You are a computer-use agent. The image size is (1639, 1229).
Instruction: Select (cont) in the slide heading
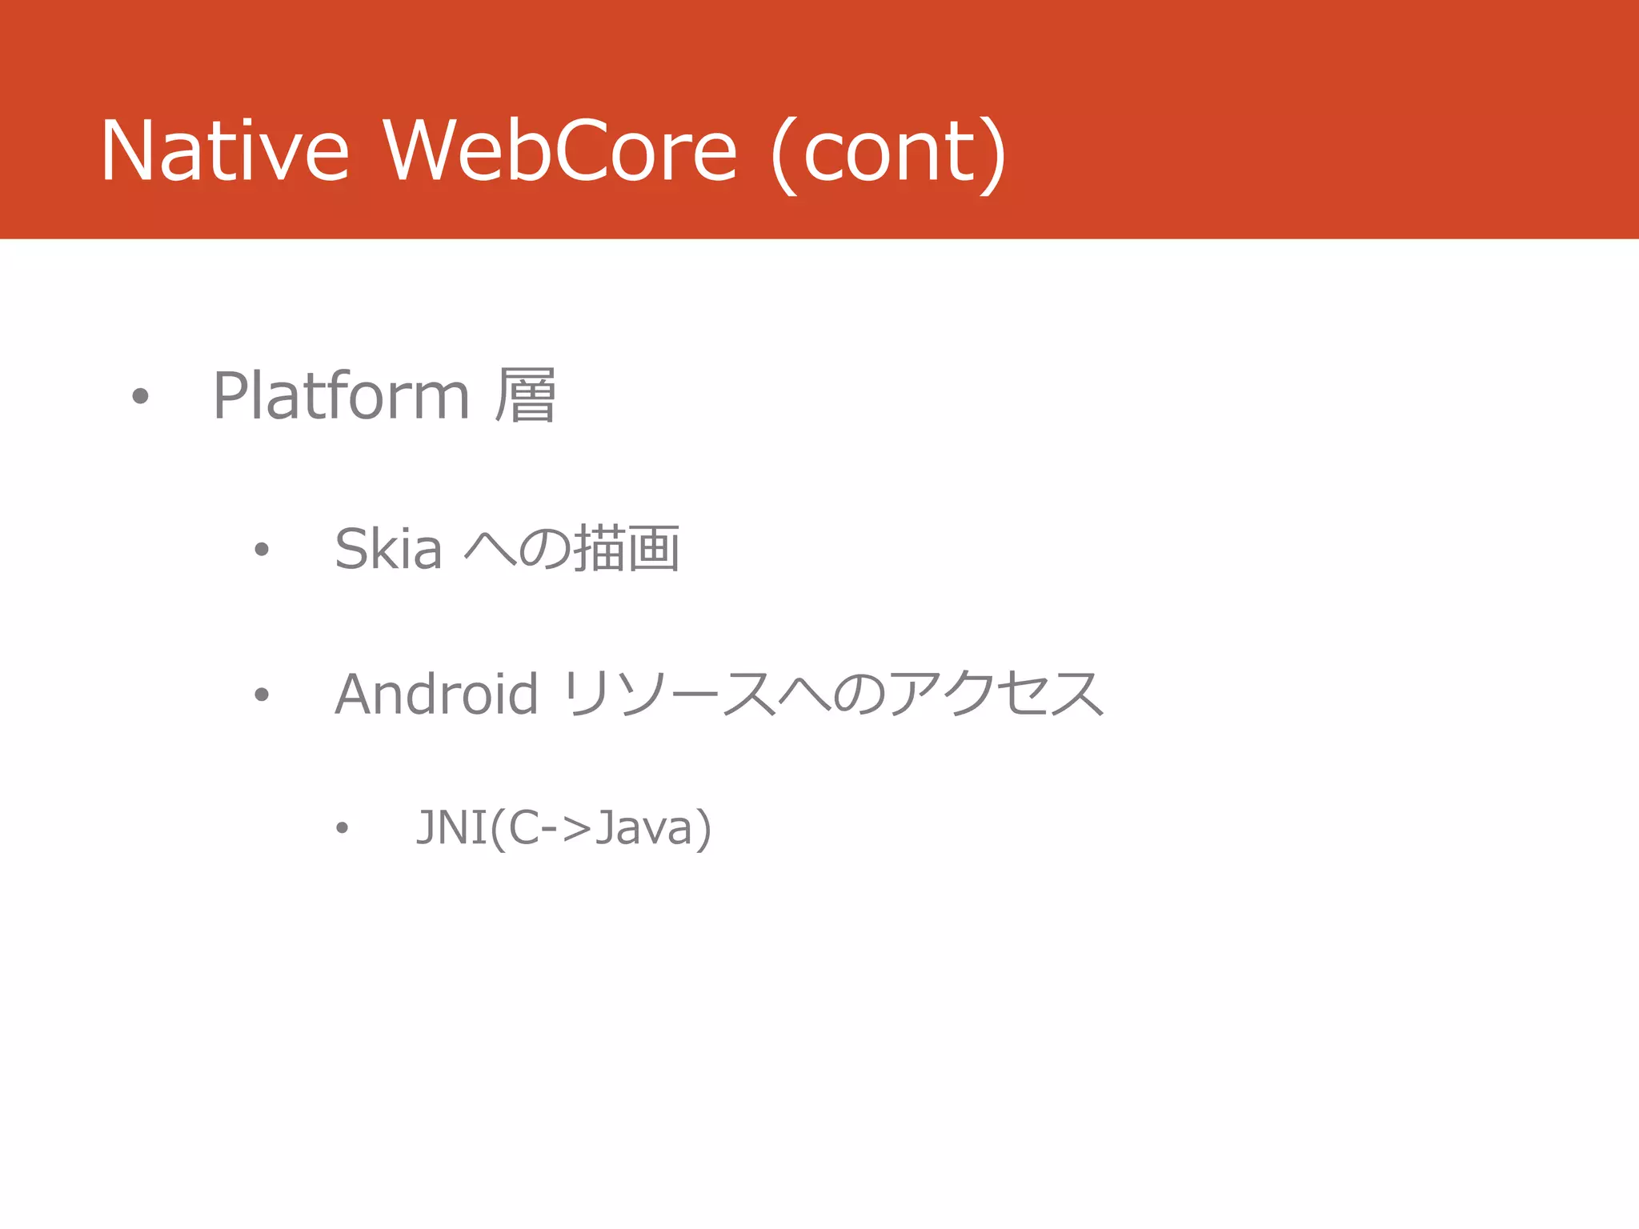pyautogui.click(x=888, y=152)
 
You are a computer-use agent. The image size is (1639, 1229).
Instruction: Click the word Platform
pyautogui.click(x=341, y=395)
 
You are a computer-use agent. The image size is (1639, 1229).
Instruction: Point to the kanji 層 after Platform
pyautogui.click(x=525, y=395)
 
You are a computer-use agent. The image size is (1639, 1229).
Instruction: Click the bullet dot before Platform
pyautogui.click(x=140, y=395)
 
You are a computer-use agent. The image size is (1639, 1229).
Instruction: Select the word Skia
pyautogui.click(x=388, y=549)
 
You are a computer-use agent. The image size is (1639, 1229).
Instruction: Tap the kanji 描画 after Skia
pyautogui.click(x=627, y=549)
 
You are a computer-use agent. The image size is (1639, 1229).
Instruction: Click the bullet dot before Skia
pyautogui.click(x=261, y=549)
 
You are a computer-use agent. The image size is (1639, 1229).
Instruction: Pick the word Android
pyautogui.click(x=436, y=694)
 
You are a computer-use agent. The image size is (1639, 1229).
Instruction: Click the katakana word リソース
pyautogui.click(x=668, y=694)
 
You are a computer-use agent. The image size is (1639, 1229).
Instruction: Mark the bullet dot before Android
pyautogui.click(x=261, y=694)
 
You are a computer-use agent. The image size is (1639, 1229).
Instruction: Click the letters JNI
pyautogui.click(x=452, y=827)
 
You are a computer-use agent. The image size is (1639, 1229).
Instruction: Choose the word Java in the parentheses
pyautogui.click(x=644, y=827)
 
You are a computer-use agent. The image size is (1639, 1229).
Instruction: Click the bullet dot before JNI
pyautogui.click(x=342, y=827)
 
